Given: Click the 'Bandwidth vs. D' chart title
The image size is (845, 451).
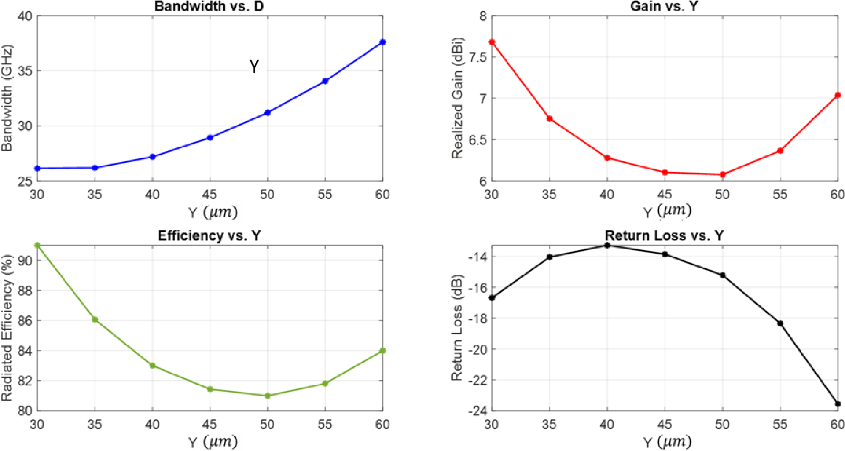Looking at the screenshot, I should point(209,7).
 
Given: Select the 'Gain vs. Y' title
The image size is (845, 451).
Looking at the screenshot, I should point(664,7).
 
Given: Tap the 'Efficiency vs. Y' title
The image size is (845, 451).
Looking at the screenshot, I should point(209,236).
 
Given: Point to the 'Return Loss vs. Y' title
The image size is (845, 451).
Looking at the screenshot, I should point(664,236).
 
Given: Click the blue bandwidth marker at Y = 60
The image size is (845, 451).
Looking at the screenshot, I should point(383,42).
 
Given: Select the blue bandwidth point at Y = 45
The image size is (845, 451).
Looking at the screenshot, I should point(210,137).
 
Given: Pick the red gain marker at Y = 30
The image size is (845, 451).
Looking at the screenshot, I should point(492,42).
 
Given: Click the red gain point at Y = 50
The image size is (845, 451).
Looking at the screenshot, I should point(723,175).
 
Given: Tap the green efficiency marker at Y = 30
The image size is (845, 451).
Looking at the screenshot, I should point(37,245).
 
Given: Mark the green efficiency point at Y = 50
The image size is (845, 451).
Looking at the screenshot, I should point(267,396).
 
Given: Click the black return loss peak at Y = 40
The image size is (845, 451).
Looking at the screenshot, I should point(607,245).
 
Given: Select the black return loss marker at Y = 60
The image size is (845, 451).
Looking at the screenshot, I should point(838,404).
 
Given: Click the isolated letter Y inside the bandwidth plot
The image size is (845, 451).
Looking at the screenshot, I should point(254,67).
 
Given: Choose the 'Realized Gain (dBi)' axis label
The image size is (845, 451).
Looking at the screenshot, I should point(457,99).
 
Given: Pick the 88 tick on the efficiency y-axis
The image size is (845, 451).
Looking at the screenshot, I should point(24,291).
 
